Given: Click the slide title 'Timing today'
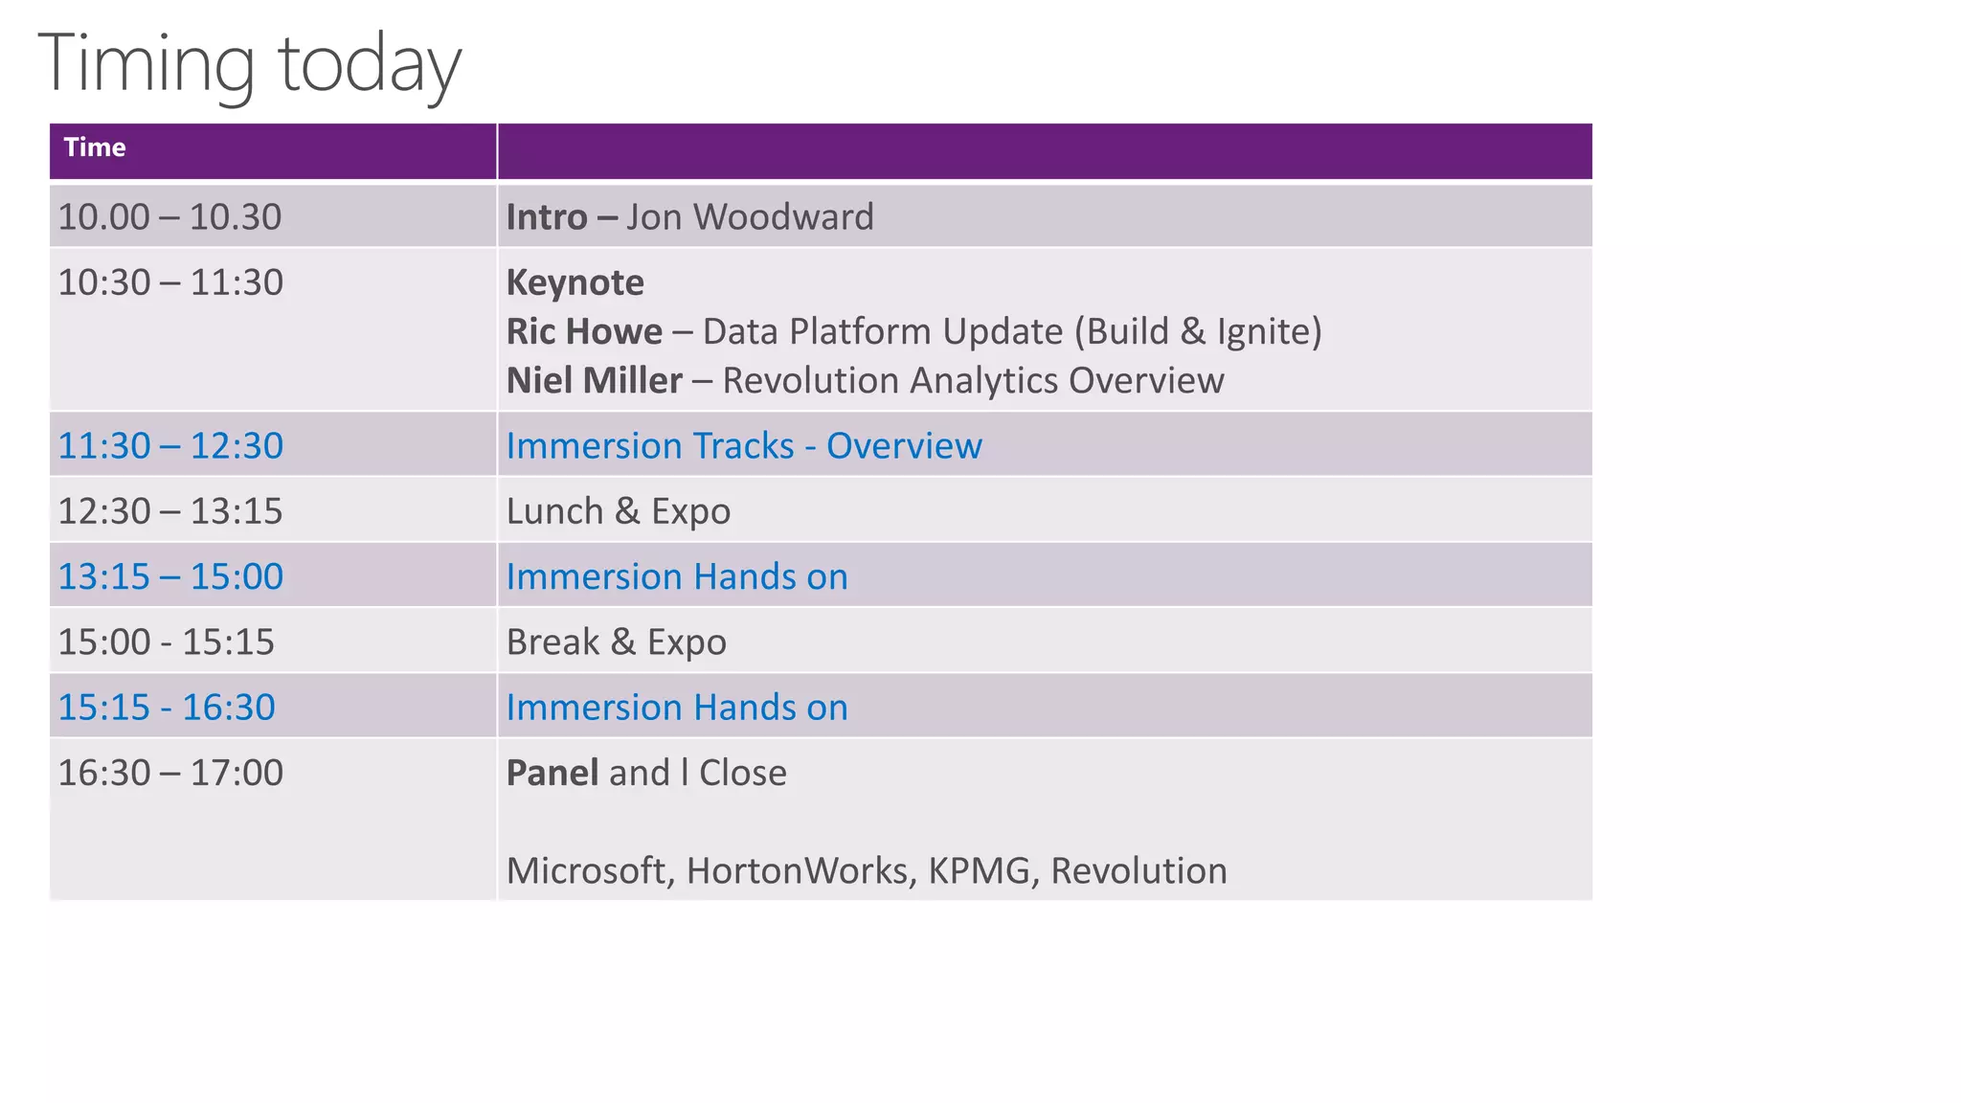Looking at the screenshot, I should coord(249,63).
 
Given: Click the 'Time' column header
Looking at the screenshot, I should coord(95,147).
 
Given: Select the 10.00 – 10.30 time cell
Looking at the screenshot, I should coord(170,217).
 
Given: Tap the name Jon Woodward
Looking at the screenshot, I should coord(750,217).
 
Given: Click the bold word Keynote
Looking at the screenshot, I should coord(575,282).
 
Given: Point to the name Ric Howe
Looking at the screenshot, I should coord(584,331).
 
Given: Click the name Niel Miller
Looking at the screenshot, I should coord(594,381).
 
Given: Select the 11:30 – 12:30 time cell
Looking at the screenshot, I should coord(170,446).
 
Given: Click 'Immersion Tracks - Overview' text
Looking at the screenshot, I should coord(744,446).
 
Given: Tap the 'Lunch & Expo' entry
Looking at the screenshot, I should coord(618,511).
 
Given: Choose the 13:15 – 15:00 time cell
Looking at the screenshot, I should coord(170,576).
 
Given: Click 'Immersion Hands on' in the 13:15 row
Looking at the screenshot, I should coord(677,576).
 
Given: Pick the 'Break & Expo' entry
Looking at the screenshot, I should coord(616,642).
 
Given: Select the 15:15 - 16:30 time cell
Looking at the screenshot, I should coord(167,708).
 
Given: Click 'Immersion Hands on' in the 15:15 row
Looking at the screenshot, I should coord(677,708).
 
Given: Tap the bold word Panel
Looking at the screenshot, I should coord(552,773).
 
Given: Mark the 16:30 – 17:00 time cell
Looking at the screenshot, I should coord(170,773).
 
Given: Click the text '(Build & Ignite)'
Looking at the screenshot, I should coord(1198,331).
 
